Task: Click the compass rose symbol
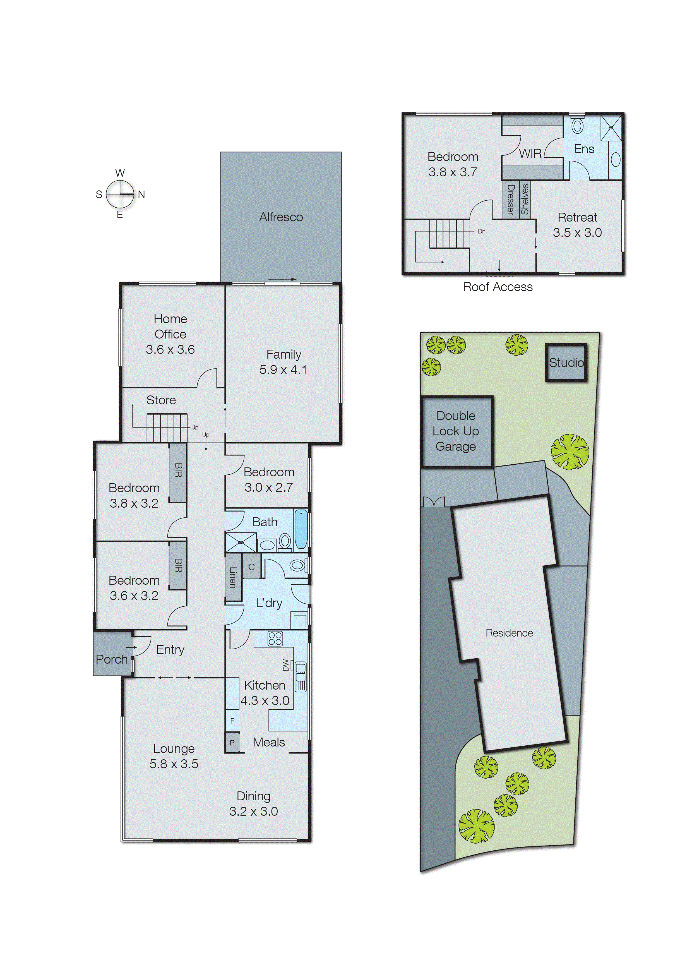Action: click(120, 194)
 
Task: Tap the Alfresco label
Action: click(281, 217)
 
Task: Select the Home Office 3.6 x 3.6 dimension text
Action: click(170, 349)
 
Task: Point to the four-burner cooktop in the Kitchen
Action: click(275, 638)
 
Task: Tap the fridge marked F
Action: click(232, 721)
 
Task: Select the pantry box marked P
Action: click(232, 742)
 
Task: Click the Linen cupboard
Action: click(233, 577)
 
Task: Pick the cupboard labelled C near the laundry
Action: click(251, 567)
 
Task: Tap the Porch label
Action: click(112, 659)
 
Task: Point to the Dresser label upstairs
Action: click(510, 199)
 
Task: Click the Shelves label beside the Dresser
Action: click(525, 199)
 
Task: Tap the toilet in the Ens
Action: click(577, 126)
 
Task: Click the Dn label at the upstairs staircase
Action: click(482, 231)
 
